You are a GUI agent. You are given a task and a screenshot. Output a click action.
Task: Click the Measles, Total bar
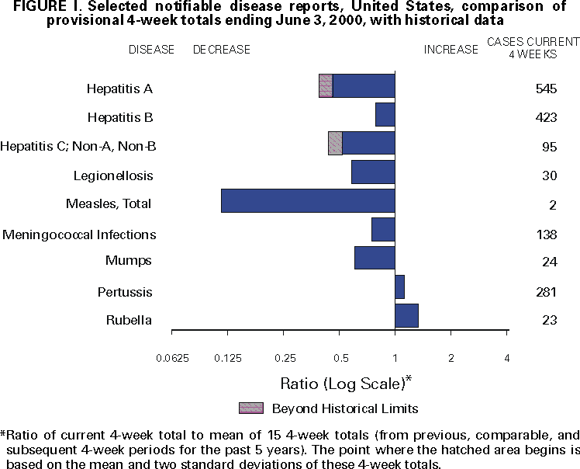pos(308,200)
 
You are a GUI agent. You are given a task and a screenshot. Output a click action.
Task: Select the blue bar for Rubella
pos(406,316)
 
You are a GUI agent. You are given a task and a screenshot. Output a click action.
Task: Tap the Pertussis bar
pos(399,287)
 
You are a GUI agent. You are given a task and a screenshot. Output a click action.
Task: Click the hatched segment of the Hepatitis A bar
pos(326,85)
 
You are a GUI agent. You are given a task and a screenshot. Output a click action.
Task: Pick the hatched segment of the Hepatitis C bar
pos(335,143)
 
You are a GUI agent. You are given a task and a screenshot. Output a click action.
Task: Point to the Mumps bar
pos(375,258)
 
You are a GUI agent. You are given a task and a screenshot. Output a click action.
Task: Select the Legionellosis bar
pos(373,172)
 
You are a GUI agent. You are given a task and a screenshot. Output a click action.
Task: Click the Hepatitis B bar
pos(385,114)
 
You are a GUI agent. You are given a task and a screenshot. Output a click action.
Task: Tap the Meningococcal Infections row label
pos(79,234)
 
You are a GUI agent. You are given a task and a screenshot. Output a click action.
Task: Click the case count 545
pos(546,89)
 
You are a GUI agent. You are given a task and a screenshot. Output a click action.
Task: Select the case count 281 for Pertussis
pos(546,293)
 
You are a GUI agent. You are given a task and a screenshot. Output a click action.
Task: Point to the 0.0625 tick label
pos(172,358)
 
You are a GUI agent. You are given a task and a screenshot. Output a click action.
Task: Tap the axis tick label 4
pos(507,358)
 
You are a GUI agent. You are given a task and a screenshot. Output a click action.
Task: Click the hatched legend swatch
pos(251,408)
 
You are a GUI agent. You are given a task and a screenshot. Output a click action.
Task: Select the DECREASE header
pos(222,50)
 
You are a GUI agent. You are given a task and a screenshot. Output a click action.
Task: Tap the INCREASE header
pos(451,50)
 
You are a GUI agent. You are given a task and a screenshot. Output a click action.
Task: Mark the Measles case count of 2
pos(551,205)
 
